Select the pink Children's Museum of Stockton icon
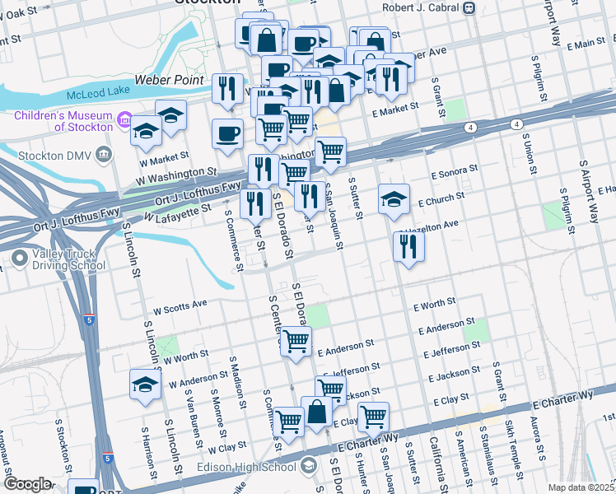pos(125,121)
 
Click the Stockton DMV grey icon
pos(103,153)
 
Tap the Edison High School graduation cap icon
pos(308,468)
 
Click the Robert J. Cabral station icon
pos(469,8)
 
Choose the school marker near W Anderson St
pos(146,384)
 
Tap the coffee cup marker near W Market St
pos(227,133)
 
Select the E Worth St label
pos(433,305)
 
